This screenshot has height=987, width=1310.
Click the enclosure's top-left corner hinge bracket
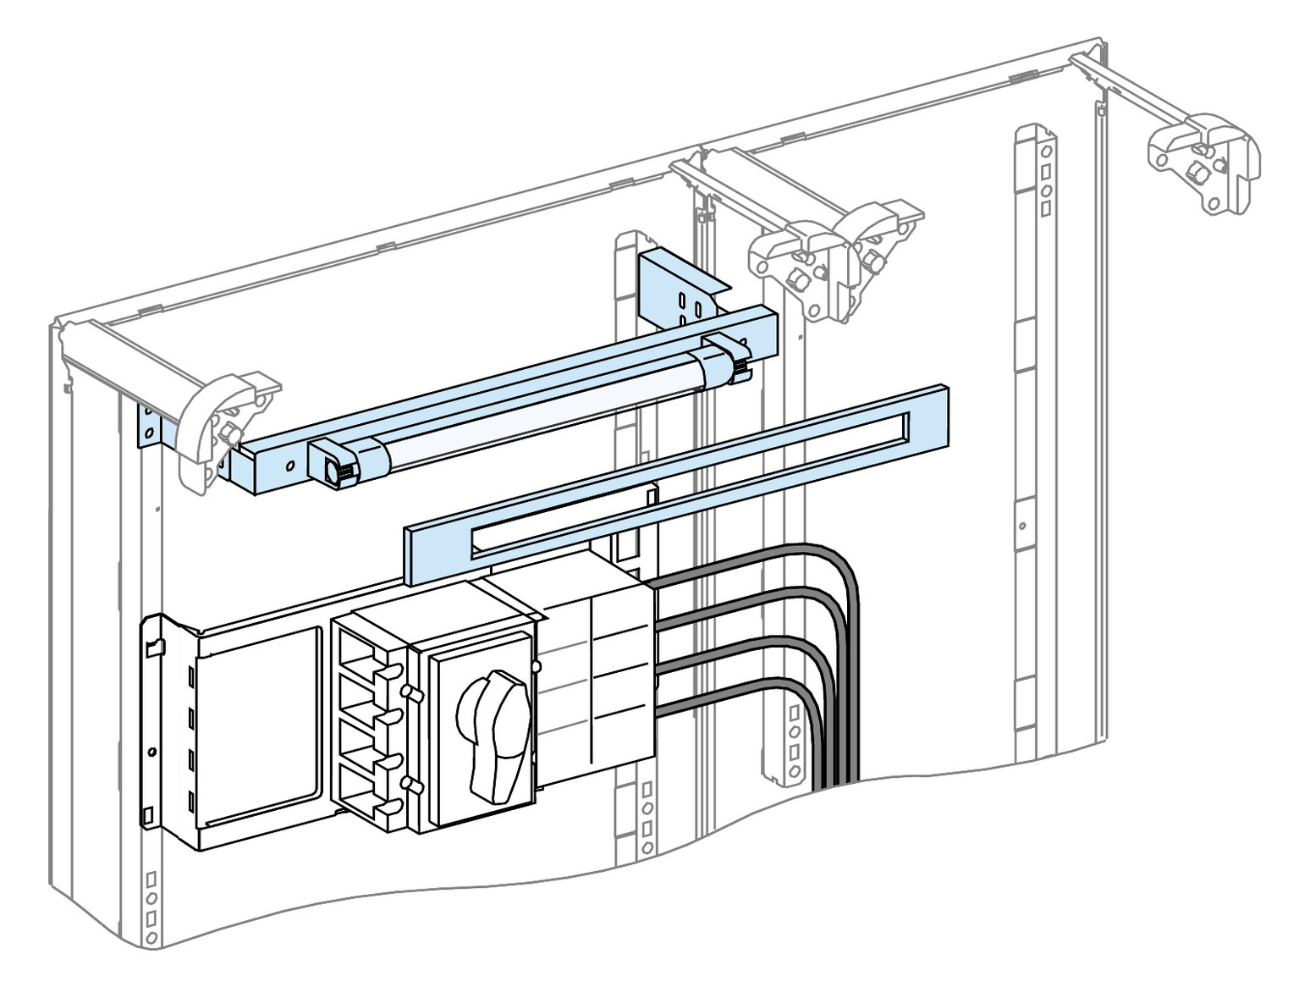click(x=222, y=423)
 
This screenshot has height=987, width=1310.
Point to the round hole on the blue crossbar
click(x=289, y=466)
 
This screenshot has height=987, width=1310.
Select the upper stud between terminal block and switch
click(x=411, y=692)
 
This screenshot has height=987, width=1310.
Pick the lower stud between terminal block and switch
click(x=411, y=784)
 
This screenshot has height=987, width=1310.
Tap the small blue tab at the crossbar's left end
click(x=151, y=424)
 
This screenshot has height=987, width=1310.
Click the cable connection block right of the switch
click(x=597, y=677)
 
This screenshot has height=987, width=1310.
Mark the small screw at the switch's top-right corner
click(x=536, y=668)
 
